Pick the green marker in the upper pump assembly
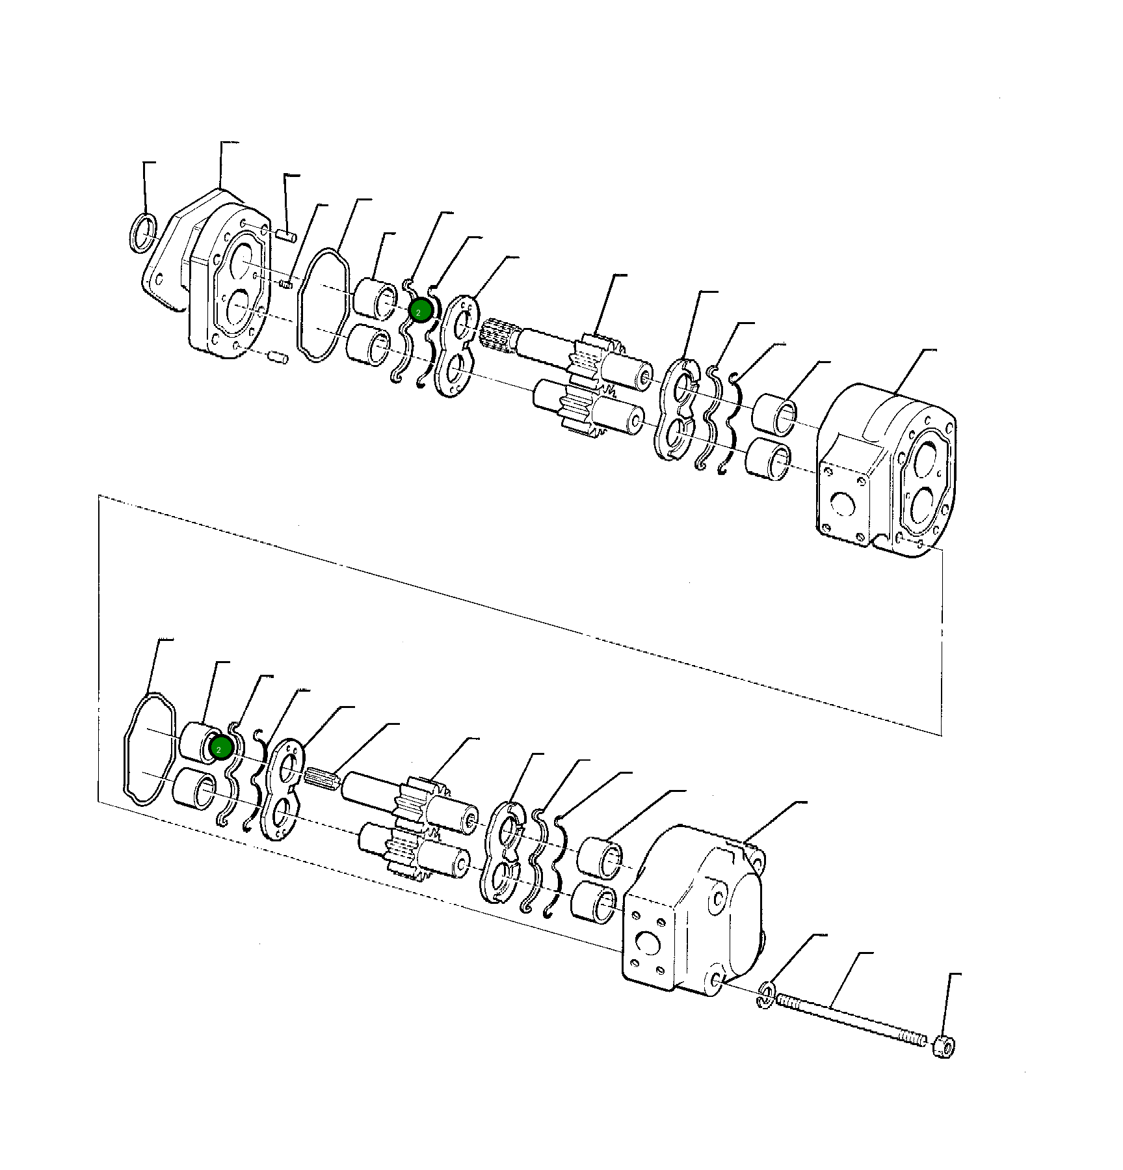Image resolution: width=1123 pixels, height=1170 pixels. (x=420, y=312)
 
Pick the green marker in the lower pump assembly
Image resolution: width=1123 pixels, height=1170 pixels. (x=221, y=748)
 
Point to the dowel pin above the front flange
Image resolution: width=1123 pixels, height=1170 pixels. (x=286, y=234)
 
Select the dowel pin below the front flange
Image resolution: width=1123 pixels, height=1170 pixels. (x=277, y=357)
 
